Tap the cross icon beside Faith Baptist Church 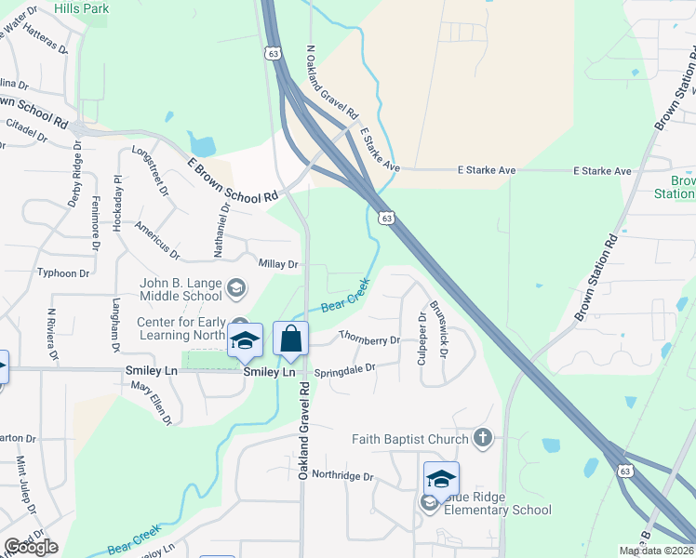click(482, 438)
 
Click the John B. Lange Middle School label click(181, 289)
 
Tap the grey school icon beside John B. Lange click(236, 288)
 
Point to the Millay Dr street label click(278, 264)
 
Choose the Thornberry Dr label click(369, 339)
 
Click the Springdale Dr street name click(344, 369)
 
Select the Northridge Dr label click(341, 476)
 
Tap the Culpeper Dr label click(422, 332)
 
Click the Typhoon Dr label click(62, 273)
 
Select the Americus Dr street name click(156, 239)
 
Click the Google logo click(31, 547)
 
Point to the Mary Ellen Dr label click(152, 402)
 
